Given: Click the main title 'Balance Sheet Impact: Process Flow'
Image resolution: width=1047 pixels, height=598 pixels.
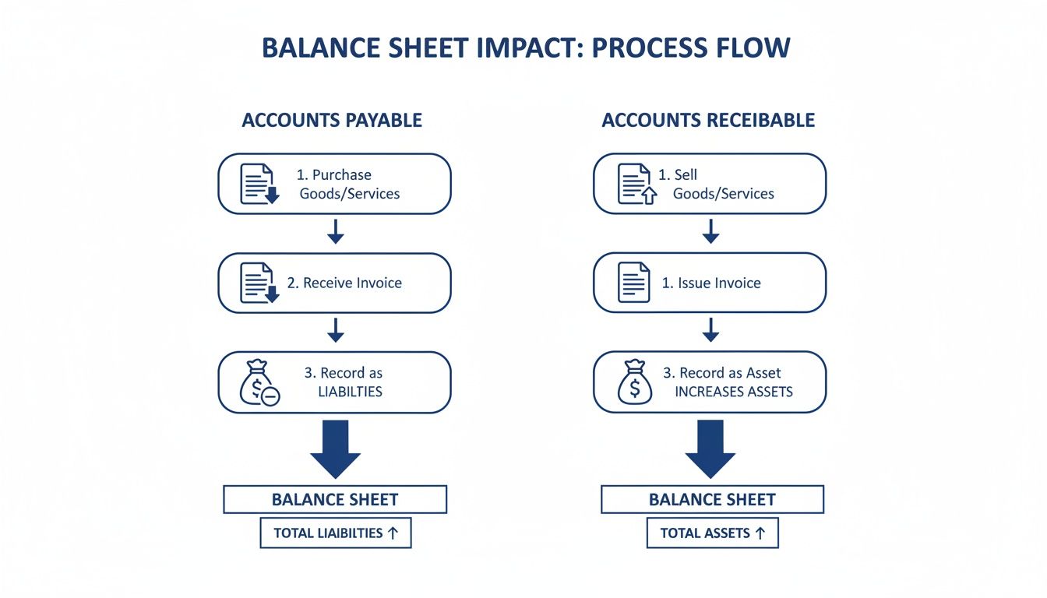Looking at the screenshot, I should point(526,47).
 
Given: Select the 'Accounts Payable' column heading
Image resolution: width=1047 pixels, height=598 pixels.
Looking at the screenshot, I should point(332,120).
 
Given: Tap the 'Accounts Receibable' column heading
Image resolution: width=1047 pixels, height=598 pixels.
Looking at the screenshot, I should point(708,120).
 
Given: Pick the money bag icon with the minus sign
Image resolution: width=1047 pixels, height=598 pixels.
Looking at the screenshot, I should point(259,382).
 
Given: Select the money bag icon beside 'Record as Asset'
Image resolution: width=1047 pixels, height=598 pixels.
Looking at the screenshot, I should point(635,382).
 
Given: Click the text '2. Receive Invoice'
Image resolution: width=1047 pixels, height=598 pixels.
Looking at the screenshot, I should point(344,283).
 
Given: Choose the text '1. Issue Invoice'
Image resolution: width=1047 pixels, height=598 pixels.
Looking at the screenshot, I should point(710,283).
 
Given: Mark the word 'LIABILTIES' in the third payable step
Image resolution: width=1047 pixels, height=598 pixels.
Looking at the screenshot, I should point(350,392).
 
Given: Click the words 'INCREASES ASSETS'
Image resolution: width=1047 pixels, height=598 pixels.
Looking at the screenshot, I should point(733,392).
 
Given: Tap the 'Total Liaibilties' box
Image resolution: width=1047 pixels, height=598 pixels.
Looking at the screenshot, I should point(335,533).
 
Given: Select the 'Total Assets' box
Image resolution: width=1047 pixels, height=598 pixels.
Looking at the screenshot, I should point(712,533).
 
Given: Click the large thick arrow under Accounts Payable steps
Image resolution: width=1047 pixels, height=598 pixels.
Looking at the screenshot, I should point(335,448).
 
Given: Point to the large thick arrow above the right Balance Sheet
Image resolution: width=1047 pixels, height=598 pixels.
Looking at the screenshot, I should point(710,448).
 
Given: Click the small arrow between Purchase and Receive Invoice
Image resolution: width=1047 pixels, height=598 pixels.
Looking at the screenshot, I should point(335,232).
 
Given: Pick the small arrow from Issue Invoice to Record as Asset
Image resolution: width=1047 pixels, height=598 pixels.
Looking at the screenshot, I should point(710,331).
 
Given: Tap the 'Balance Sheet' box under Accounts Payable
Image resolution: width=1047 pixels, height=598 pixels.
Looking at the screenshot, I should point(335,499).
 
